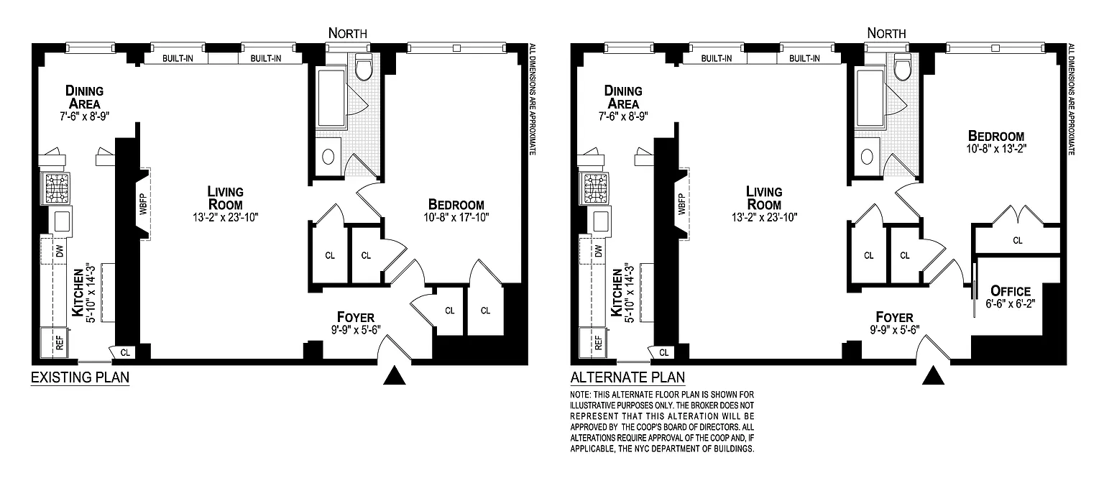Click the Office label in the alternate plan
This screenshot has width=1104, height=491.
(x=1011, y=291)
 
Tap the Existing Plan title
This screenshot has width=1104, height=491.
(x=80, y=377)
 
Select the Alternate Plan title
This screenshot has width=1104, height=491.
(x=627, y=377)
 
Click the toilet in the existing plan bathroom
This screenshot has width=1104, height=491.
(x=364, y=69)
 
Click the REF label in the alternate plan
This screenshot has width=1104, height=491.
(x=599, y=343)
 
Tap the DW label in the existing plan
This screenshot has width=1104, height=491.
(x=60, y=251)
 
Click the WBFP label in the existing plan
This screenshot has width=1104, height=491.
(x=143, y=203)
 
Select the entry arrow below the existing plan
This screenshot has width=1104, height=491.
(x=395, y=376)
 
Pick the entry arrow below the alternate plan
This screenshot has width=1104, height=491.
(x=933, y=376)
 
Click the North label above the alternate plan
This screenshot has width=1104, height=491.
(x=886, y=33)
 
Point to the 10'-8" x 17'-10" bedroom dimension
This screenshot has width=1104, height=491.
(x=456, y=217)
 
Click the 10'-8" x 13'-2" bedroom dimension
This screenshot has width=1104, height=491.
(x=996, y=149)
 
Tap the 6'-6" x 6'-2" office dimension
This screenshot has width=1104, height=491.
(x=1011, y=304)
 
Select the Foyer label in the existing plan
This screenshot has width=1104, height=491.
(x=356, y=317)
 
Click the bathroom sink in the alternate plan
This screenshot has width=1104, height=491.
(x=866, y=157)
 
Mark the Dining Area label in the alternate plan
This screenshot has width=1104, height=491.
(x=623, y=97)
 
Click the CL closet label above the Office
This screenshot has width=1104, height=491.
(x=1018, y=241)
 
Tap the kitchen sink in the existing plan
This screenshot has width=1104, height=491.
(x=62, y=221)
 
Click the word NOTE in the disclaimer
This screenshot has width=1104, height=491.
(x=580, y=395)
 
